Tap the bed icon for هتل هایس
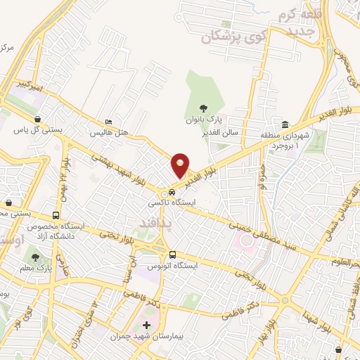(x=108, y=121)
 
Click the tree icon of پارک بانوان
(x=203, y=108)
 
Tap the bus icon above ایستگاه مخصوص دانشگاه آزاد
(x=56, y=215)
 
